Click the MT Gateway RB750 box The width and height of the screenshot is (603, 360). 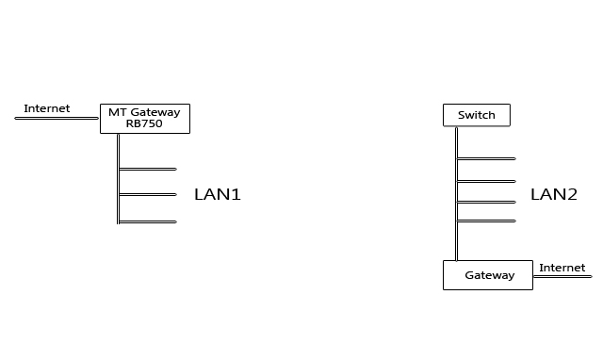click(145, 118)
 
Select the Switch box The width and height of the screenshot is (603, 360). click(476, 115)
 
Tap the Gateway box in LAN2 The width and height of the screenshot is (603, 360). click(488, 275)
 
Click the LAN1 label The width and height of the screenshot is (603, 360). click(218, 195)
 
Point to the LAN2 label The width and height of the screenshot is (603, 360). click(553, 195)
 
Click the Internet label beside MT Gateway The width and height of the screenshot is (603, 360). click(47, 108)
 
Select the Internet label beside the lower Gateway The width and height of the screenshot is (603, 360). click(562, 268)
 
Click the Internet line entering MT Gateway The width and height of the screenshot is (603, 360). click(57, 118)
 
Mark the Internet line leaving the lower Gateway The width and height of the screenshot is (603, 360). click(562, 275)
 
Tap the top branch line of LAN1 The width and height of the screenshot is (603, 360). click(148, 169)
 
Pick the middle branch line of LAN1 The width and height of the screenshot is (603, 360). click(148, 194)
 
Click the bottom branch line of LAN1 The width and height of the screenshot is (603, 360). click(148, 221)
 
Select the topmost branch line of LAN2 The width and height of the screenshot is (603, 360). click(486, 158)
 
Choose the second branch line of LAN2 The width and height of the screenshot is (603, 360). click(486, 181)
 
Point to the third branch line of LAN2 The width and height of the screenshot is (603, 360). click(486, 202)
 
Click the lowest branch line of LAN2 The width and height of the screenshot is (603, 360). click(486, 221)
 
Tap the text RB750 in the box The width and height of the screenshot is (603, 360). click(144, 123)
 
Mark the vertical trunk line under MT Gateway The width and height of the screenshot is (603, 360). click(118, 179)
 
